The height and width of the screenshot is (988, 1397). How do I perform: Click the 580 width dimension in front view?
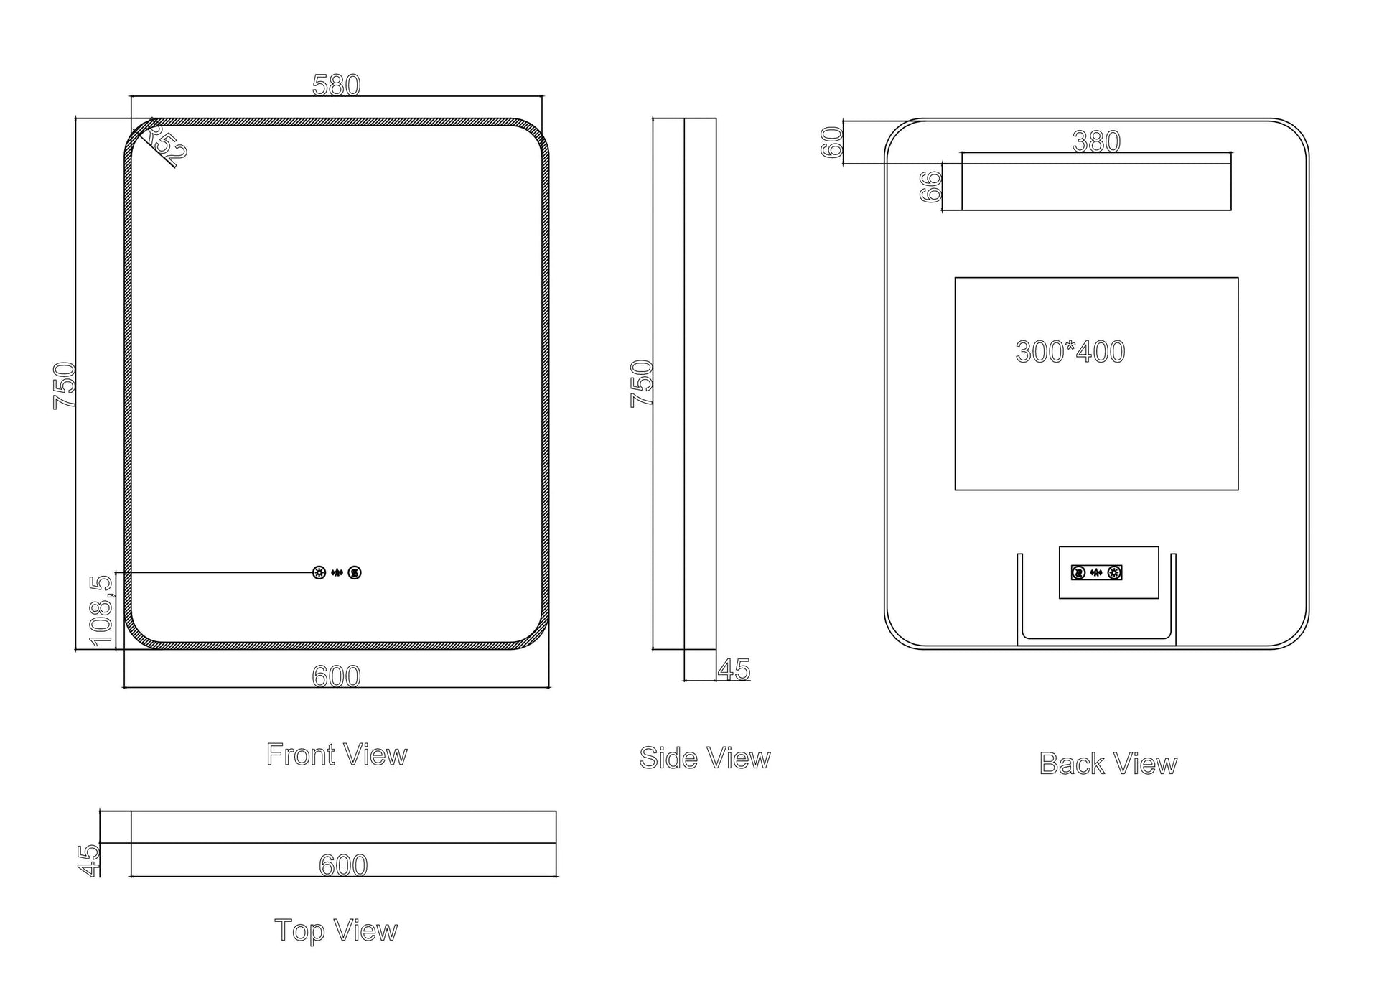tap(336, 85)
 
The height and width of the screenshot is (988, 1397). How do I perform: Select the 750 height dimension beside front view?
tap(64, 386)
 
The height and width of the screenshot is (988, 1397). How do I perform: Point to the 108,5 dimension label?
tap(101, 611)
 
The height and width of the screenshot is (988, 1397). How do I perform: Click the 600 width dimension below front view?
tap(336, 676)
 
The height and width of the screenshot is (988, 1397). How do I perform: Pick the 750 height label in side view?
tap(641, 383)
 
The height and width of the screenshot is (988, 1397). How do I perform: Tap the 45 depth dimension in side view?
tap(734, 670)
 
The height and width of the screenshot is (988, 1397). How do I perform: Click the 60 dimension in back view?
tap(831, 142)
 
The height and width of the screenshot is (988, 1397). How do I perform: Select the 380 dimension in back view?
tap(1096, 141)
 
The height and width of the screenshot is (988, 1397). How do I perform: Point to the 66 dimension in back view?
tap(930, 187)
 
